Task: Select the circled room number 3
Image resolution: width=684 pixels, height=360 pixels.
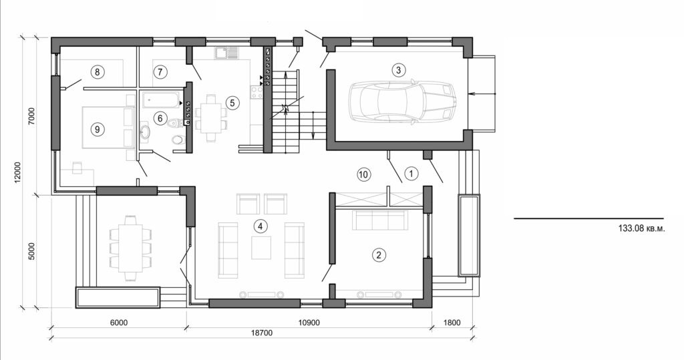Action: [x=398, y=69]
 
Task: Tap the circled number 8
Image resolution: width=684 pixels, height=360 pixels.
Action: [x=98, y=71]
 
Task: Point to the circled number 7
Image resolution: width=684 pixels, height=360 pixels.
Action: [x=160, y=71]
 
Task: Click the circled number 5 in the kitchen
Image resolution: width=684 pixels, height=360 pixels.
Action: [x=232, y=103]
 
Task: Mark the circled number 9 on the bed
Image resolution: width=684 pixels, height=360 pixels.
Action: [x=98, y=129]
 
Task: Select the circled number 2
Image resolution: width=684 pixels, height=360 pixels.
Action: [x=379, y=254]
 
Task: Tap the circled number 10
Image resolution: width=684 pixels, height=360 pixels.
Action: [x=363, y=174]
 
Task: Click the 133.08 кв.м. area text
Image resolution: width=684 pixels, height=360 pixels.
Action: [x=642, y=228]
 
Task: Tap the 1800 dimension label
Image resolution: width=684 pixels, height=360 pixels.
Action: [x=452, y=323]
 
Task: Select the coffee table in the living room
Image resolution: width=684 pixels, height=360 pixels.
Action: [x=261, y=247]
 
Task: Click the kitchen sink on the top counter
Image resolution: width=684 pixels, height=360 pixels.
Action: [x=223, y=52]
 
